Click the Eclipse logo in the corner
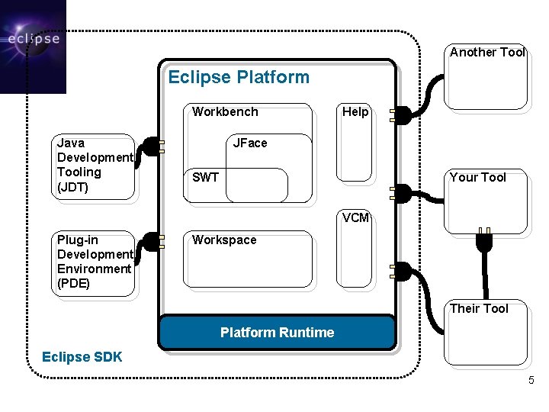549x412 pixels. pos(33,46)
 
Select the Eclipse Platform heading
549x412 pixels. pos(239,77)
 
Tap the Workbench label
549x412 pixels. pos(225,112)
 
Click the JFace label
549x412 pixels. pos(250,143)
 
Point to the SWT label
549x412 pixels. pos(206,178)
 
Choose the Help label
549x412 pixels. pos(355,112)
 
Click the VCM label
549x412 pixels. pos(355,217)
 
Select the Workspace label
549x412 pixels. pos(224,240)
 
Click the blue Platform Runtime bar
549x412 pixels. pos(277,333)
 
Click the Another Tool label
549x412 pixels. pos(487,53)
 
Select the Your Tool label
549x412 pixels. pos(478,178)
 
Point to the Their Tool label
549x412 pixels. pos(479,308)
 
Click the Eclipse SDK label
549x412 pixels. pos(82,357)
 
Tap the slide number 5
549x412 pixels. pos(531,380)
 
